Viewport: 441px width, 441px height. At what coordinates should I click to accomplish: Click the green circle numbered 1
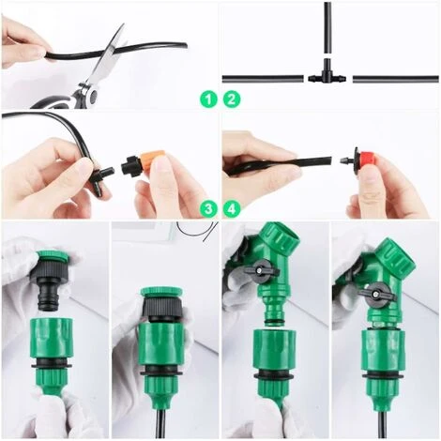208,99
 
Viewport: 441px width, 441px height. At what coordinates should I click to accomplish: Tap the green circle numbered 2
232,99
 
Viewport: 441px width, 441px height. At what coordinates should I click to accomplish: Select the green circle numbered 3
208,209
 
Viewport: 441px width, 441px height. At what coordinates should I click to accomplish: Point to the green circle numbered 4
232,209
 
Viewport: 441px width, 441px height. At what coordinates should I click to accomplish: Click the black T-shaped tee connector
327,76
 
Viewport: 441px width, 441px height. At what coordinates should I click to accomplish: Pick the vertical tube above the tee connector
327,27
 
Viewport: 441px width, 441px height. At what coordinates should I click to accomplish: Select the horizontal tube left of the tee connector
263,79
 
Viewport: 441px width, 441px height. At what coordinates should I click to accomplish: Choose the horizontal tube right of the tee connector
396,79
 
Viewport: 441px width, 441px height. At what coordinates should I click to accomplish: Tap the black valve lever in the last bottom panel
377,293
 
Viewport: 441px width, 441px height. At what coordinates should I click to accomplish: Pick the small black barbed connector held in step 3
101,179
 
